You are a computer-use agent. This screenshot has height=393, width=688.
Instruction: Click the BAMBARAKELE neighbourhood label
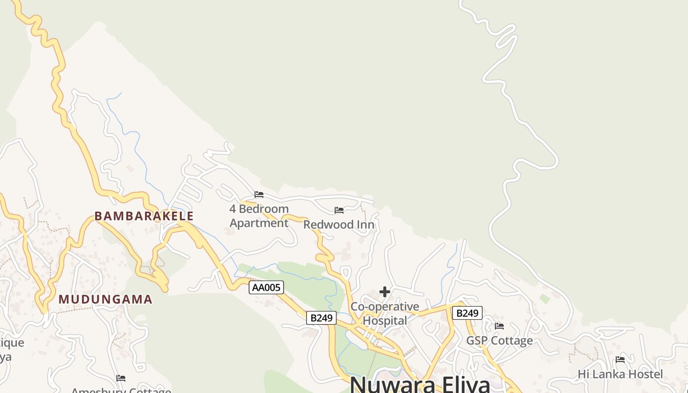144,216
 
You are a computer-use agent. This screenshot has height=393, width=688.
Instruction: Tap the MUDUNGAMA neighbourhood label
106,299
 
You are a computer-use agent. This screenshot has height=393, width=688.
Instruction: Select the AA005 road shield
266,287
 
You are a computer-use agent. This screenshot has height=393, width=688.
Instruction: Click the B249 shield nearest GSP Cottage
467,313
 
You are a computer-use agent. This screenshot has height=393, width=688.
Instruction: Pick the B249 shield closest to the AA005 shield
321,318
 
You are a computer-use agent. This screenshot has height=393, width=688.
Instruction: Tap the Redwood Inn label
339,225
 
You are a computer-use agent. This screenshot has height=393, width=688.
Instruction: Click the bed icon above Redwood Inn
339,210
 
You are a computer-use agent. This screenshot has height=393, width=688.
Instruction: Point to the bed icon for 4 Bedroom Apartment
259,195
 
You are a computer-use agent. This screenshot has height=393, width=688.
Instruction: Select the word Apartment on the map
259,223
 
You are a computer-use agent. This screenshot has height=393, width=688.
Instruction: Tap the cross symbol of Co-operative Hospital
385,292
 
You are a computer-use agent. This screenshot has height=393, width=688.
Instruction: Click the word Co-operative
385,307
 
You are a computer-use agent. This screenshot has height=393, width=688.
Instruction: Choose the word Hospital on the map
385,321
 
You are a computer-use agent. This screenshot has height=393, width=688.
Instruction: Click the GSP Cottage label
499,340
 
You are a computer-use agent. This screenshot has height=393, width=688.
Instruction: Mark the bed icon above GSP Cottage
499,326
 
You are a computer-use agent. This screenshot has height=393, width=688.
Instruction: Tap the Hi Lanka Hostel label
620,374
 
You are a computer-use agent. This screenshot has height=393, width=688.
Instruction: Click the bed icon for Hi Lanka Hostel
620,360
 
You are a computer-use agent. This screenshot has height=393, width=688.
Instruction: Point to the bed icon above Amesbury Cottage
121,378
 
